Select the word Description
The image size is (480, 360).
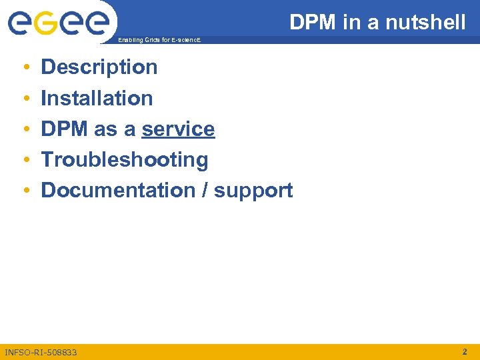point(99,67)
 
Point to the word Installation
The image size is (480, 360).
point(97,99)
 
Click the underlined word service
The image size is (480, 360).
point(178,129)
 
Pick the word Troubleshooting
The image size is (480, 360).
point(125,160)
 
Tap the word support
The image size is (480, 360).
point(253,191)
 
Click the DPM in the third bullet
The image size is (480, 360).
point(65,129)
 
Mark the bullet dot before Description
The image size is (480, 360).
point(24,68)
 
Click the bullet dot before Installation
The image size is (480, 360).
point(24,99)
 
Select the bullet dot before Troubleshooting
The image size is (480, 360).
point(24,161)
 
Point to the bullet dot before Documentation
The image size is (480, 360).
point(24,191)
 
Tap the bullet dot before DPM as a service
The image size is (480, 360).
point(24,130)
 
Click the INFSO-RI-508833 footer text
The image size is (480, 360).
point(41,351)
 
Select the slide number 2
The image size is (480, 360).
point(465,351)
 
